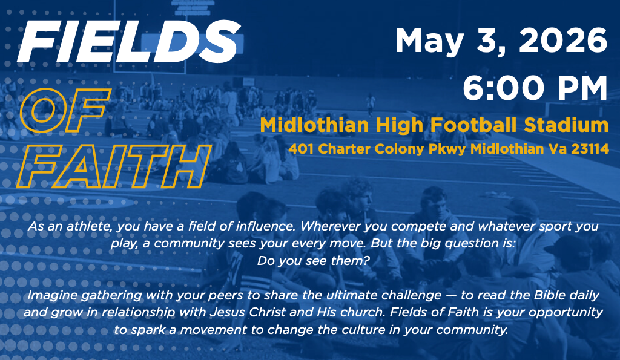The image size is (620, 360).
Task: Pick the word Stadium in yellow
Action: tap(566, 125)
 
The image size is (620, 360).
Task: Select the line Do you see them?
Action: tap(314, 261)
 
